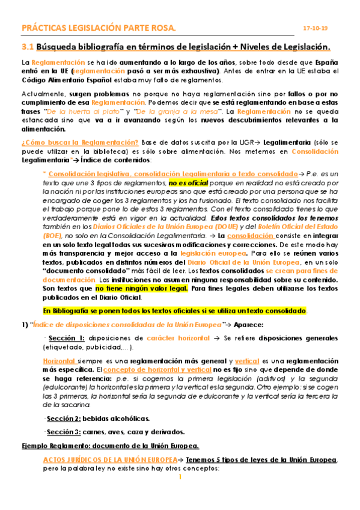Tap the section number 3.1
(x=27, y=46)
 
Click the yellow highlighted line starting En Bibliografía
(x=175, y=310)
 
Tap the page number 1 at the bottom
(x=180, y=478)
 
